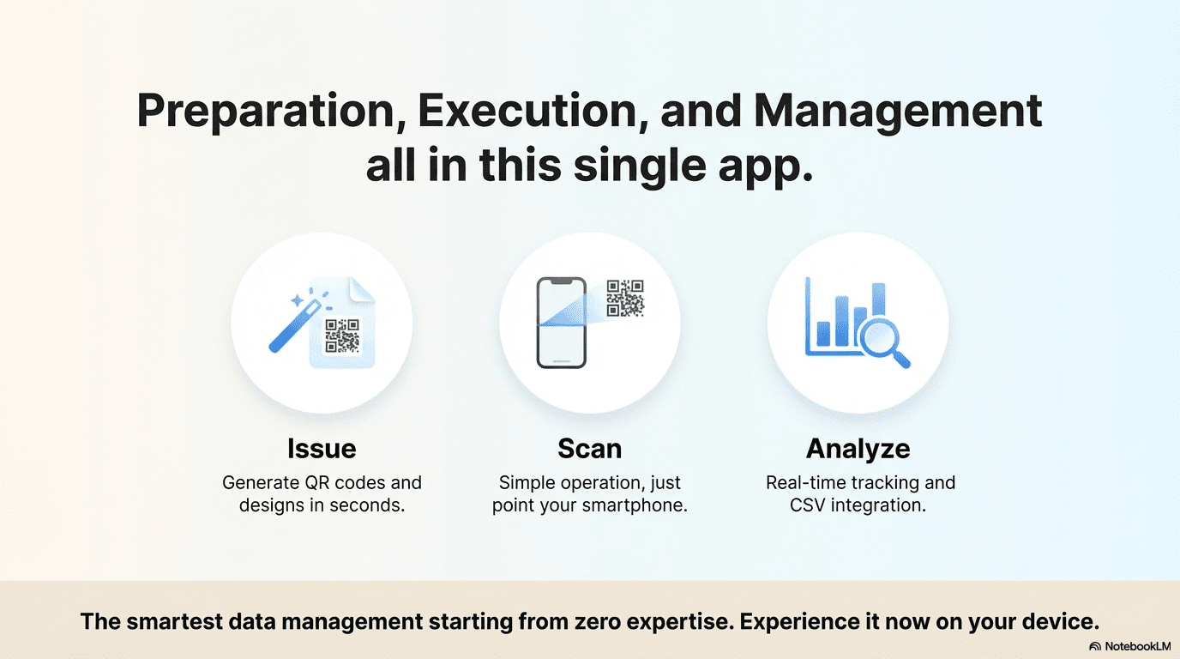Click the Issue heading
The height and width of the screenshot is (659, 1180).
(322, 449)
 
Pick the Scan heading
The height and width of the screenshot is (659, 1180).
(589, 449)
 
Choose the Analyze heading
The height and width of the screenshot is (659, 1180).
(858, 450)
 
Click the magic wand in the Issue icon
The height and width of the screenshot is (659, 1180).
(295, 326)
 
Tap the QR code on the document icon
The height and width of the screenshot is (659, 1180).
(342, 336)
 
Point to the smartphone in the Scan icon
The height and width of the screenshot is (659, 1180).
(561, 323)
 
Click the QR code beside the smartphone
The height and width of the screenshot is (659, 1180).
(625, 298)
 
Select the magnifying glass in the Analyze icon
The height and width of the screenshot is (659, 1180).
(883, 343)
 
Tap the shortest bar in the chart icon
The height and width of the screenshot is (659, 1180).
(823, 334)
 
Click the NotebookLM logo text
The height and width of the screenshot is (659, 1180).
(1137, 646)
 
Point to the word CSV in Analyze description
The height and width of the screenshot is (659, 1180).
(808, 505)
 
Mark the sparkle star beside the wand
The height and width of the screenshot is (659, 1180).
(297, 300)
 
